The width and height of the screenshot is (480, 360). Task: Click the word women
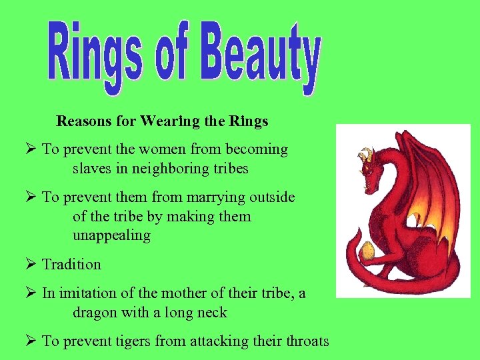pyautogui.click(x=160, y=149)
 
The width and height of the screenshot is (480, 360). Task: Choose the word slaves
pyautogui.click(x=92, y=169)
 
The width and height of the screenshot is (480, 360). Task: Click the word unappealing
pyautogui.click(x=111, y=235)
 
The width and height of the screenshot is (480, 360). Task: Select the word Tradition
pyautogui.click(x=71, y=264)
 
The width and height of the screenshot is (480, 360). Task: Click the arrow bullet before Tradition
pyautogui.click(x=30, y=265)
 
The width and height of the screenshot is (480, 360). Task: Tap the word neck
pyautogui.click(x=212, y=312)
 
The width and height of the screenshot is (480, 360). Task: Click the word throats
pyautogui.click(x=305, y=341)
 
